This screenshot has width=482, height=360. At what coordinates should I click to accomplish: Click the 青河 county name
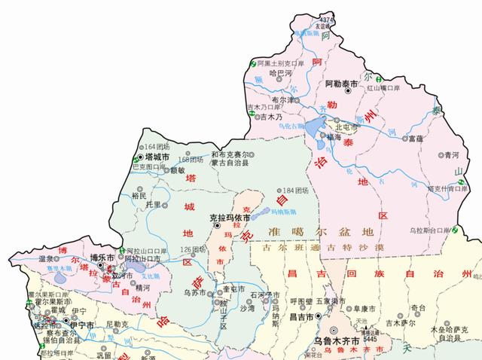point(451,154)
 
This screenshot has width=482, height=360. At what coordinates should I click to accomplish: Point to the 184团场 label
point(294,190)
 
